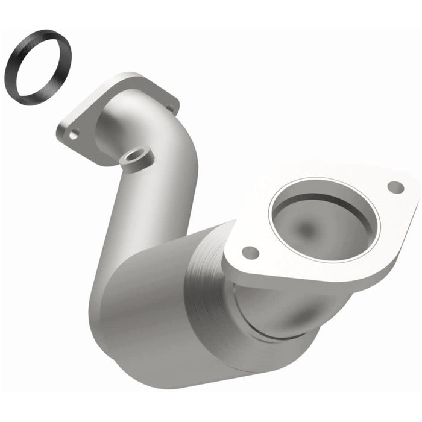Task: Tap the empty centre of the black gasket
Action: pyautogui.click(x=38, y=67)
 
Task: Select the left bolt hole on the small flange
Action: pyautogui.click(x=74, y=134)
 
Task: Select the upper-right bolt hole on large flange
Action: pyautogui.click(x=395, y=187)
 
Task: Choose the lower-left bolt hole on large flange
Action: pyautogui.click(x=250, y=253)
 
